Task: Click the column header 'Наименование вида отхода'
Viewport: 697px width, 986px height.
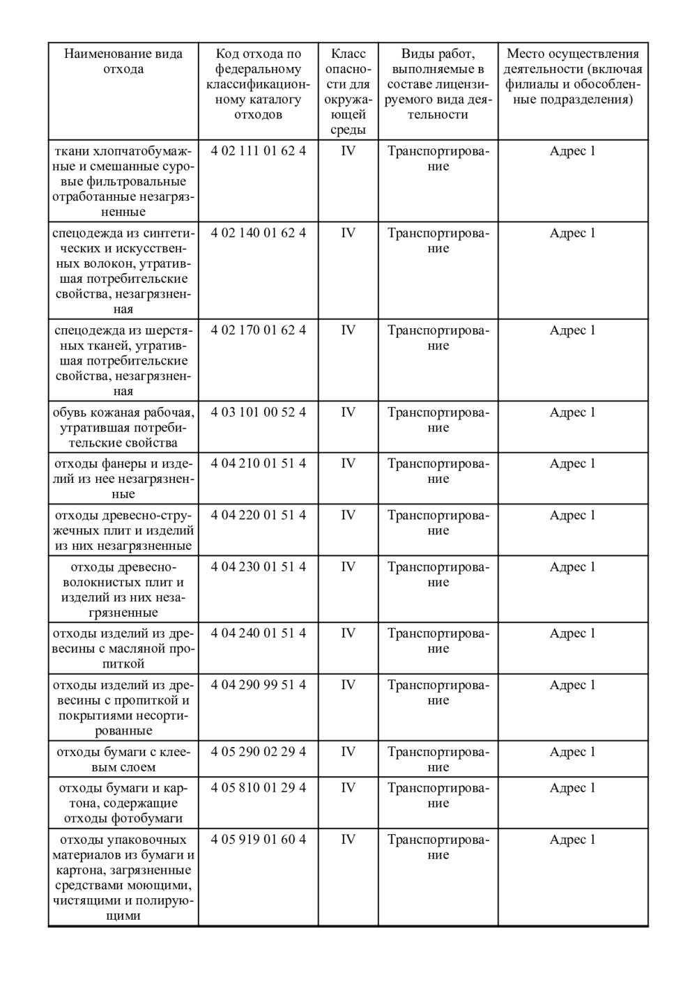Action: (123, 61)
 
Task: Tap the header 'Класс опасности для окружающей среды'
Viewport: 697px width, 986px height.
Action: (348, 91)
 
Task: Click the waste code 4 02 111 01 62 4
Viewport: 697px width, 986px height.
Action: (258, 151)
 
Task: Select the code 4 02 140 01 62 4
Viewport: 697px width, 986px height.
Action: (258, 233)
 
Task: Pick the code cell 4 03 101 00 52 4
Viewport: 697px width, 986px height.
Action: (258, 412)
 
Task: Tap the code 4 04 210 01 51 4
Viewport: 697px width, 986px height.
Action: (258, 463)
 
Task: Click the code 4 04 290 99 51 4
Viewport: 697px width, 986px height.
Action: (258, 685)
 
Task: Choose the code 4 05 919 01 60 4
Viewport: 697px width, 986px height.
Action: (258, 839)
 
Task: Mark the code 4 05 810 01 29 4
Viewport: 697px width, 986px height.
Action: (258, 787)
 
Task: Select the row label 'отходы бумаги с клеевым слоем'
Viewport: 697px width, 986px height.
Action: (123, 759)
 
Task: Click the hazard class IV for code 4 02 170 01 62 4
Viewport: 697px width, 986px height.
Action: (348, 330)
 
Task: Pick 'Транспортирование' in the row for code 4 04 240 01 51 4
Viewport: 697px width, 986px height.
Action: (438, 640)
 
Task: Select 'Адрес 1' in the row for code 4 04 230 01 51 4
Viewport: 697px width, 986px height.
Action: (572, 567)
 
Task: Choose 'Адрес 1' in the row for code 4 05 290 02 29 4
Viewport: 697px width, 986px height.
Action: (572, 751)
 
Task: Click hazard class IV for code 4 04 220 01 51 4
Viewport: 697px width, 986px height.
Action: (348, 515)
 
